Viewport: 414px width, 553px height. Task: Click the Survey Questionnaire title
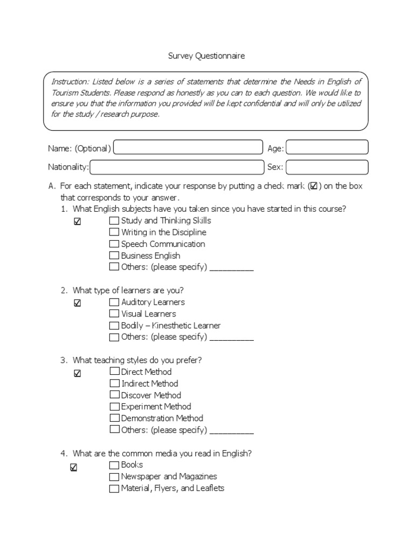click(207, 56)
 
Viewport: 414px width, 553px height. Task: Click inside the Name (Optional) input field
click(188, 148)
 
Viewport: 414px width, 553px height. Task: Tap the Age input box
click(327, 147)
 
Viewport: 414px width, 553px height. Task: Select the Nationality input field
click(177, 167)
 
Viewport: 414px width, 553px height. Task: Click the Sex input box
click(327, 167)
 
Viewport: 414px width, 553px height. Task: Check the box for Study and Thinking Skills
click(114, 221)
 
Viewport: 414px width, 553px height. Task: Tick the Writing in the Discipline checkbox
click(114, 232)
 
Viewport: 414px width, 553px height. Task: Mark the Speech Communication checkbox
click(114, 244)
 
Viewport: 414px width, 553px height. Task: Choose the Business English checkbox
click(114, 255)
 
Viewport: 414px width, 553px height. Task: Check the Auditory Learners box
click(114, 302)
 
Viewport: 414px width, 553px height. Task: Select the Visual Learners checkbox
click(114, 314)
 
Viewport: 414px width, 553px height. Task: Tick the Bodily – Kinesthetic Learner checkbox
click(114, 326)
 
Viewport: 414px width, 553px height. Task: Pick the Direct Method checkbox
click(114, 372)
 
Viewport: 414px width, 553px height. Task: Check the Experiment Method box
click(114, 407)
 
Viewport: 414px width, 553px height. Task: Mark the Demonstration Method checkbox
click(114, 418)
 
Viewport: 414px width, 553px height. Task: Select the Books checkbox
click(114, 465)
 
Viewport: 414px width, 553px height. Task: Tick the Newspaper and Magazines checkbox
click(114, 477)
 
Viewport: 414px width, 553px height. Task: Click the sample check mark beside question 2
click(77, 304)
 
